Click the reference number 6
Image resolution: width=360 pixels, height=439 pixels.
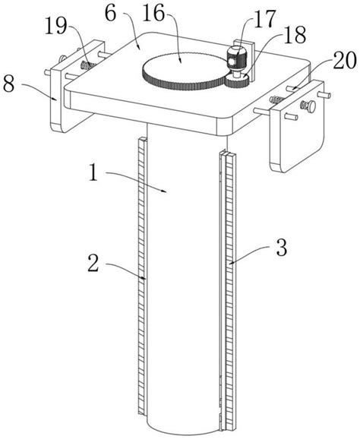click(111, 14)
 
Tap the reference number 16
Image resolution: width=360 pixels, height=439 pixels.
click(153, 14)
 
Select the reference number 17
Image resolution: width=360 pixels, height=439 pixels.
click(265, 19)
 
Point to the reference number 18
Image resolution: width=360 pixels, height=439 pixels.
click(295, 35)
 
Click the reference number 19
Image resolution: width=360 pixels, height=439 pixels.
click(56, 27)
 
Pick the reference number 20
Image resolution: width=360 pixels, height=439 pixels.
click(345, 61)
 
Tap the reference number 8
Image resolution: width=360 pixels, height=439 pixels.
click(9, 84)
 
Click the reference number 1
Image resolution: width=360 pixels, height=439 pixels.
click(93, 172)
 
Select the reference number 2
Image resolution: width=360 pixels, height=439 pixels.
click(93, 264)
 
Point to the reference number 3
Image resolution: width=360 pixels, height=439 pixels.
click(282, 248)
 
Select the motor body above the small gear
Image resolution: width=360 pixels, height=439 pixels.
click(236, 58)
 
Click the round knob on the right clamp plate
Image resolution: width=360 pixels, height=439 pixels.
click(311, 106)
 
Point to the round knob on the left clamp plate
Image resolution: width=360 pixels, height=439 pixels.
click(62, 59)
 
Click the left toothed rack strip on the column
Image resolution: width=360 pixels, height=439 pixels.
click(142, 276)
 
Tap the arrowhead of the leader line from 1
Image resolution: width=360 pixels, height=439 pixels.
click(165, 191)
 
